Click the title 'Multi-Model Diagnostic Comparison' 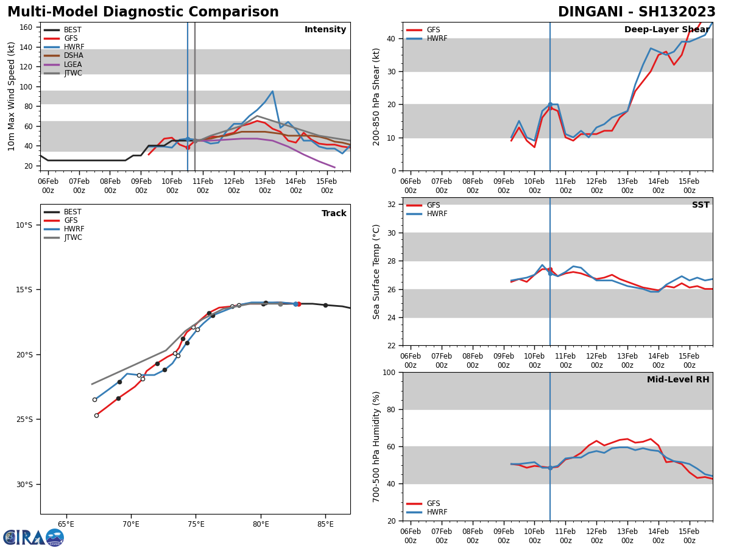(x=143, y=12)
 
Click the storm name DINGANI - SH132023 (x=637, y=12)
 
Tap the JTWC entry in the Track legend (x=74, y=237)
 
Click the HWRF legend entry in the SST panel (x=437, y=214)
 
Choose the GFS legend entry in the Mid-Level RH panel (x=433, y=504)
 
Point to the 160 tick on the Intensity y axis (x=26, y=27)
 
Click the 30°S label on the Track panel (x=24, y=485)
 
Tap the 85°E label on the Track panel (x=325, y=524)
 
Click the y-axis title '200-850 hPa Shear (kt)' (x=376, y=96)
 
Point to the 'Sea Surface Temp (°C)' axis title (x=376, y=272)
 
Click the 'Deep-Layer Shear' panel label (x=666, y=30)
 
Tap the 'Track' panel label (x=334, y=214)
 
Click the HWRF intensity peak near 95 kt (x=272, y=91)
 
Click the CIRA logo (x=33, y=537)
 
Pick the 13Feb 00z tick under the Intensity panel (x=264, y=186)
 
